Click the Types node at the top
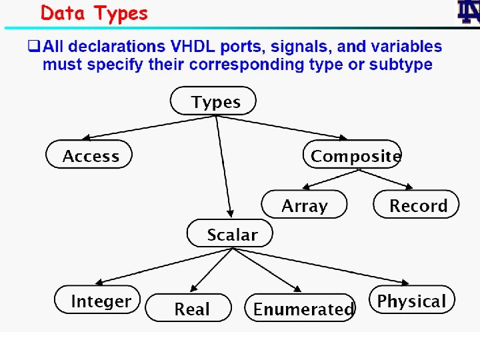[x=213, y=101]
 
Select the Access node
[x=89, y=155]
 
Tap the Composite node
[x=353, y=155]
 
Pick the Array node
[x=304, y=205]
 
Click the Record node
[x=417, y=205]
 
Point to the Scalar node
[x=231, y=234]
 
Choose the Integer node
[x=99, y=300]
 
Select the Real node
[x=190, y=308]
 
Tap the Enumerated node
[x=301, y=308]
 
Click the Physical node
[x=411, y=300]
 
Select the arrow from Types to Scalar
[x=223, y=167]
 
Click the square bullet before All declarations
[x=33, y=46]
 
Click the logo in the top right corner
[x=468, y=13]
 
